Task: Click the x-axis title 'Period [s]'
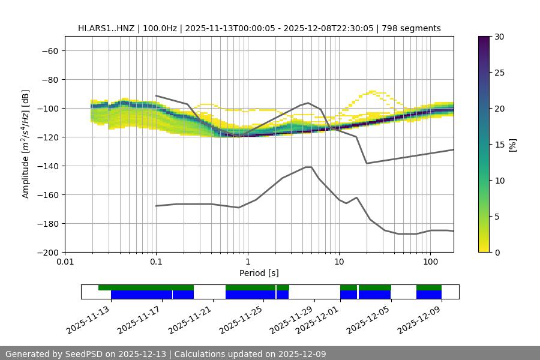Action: [x=259, y=273]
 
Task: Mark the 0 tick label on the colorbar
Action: [x=497, y=253]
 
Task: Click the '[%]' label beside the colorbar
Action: [x=512, y=145]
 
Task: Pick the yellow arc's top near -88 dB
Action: [x=373, y=91]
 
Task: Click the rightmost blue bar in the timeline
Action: [x=428, y=295]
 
